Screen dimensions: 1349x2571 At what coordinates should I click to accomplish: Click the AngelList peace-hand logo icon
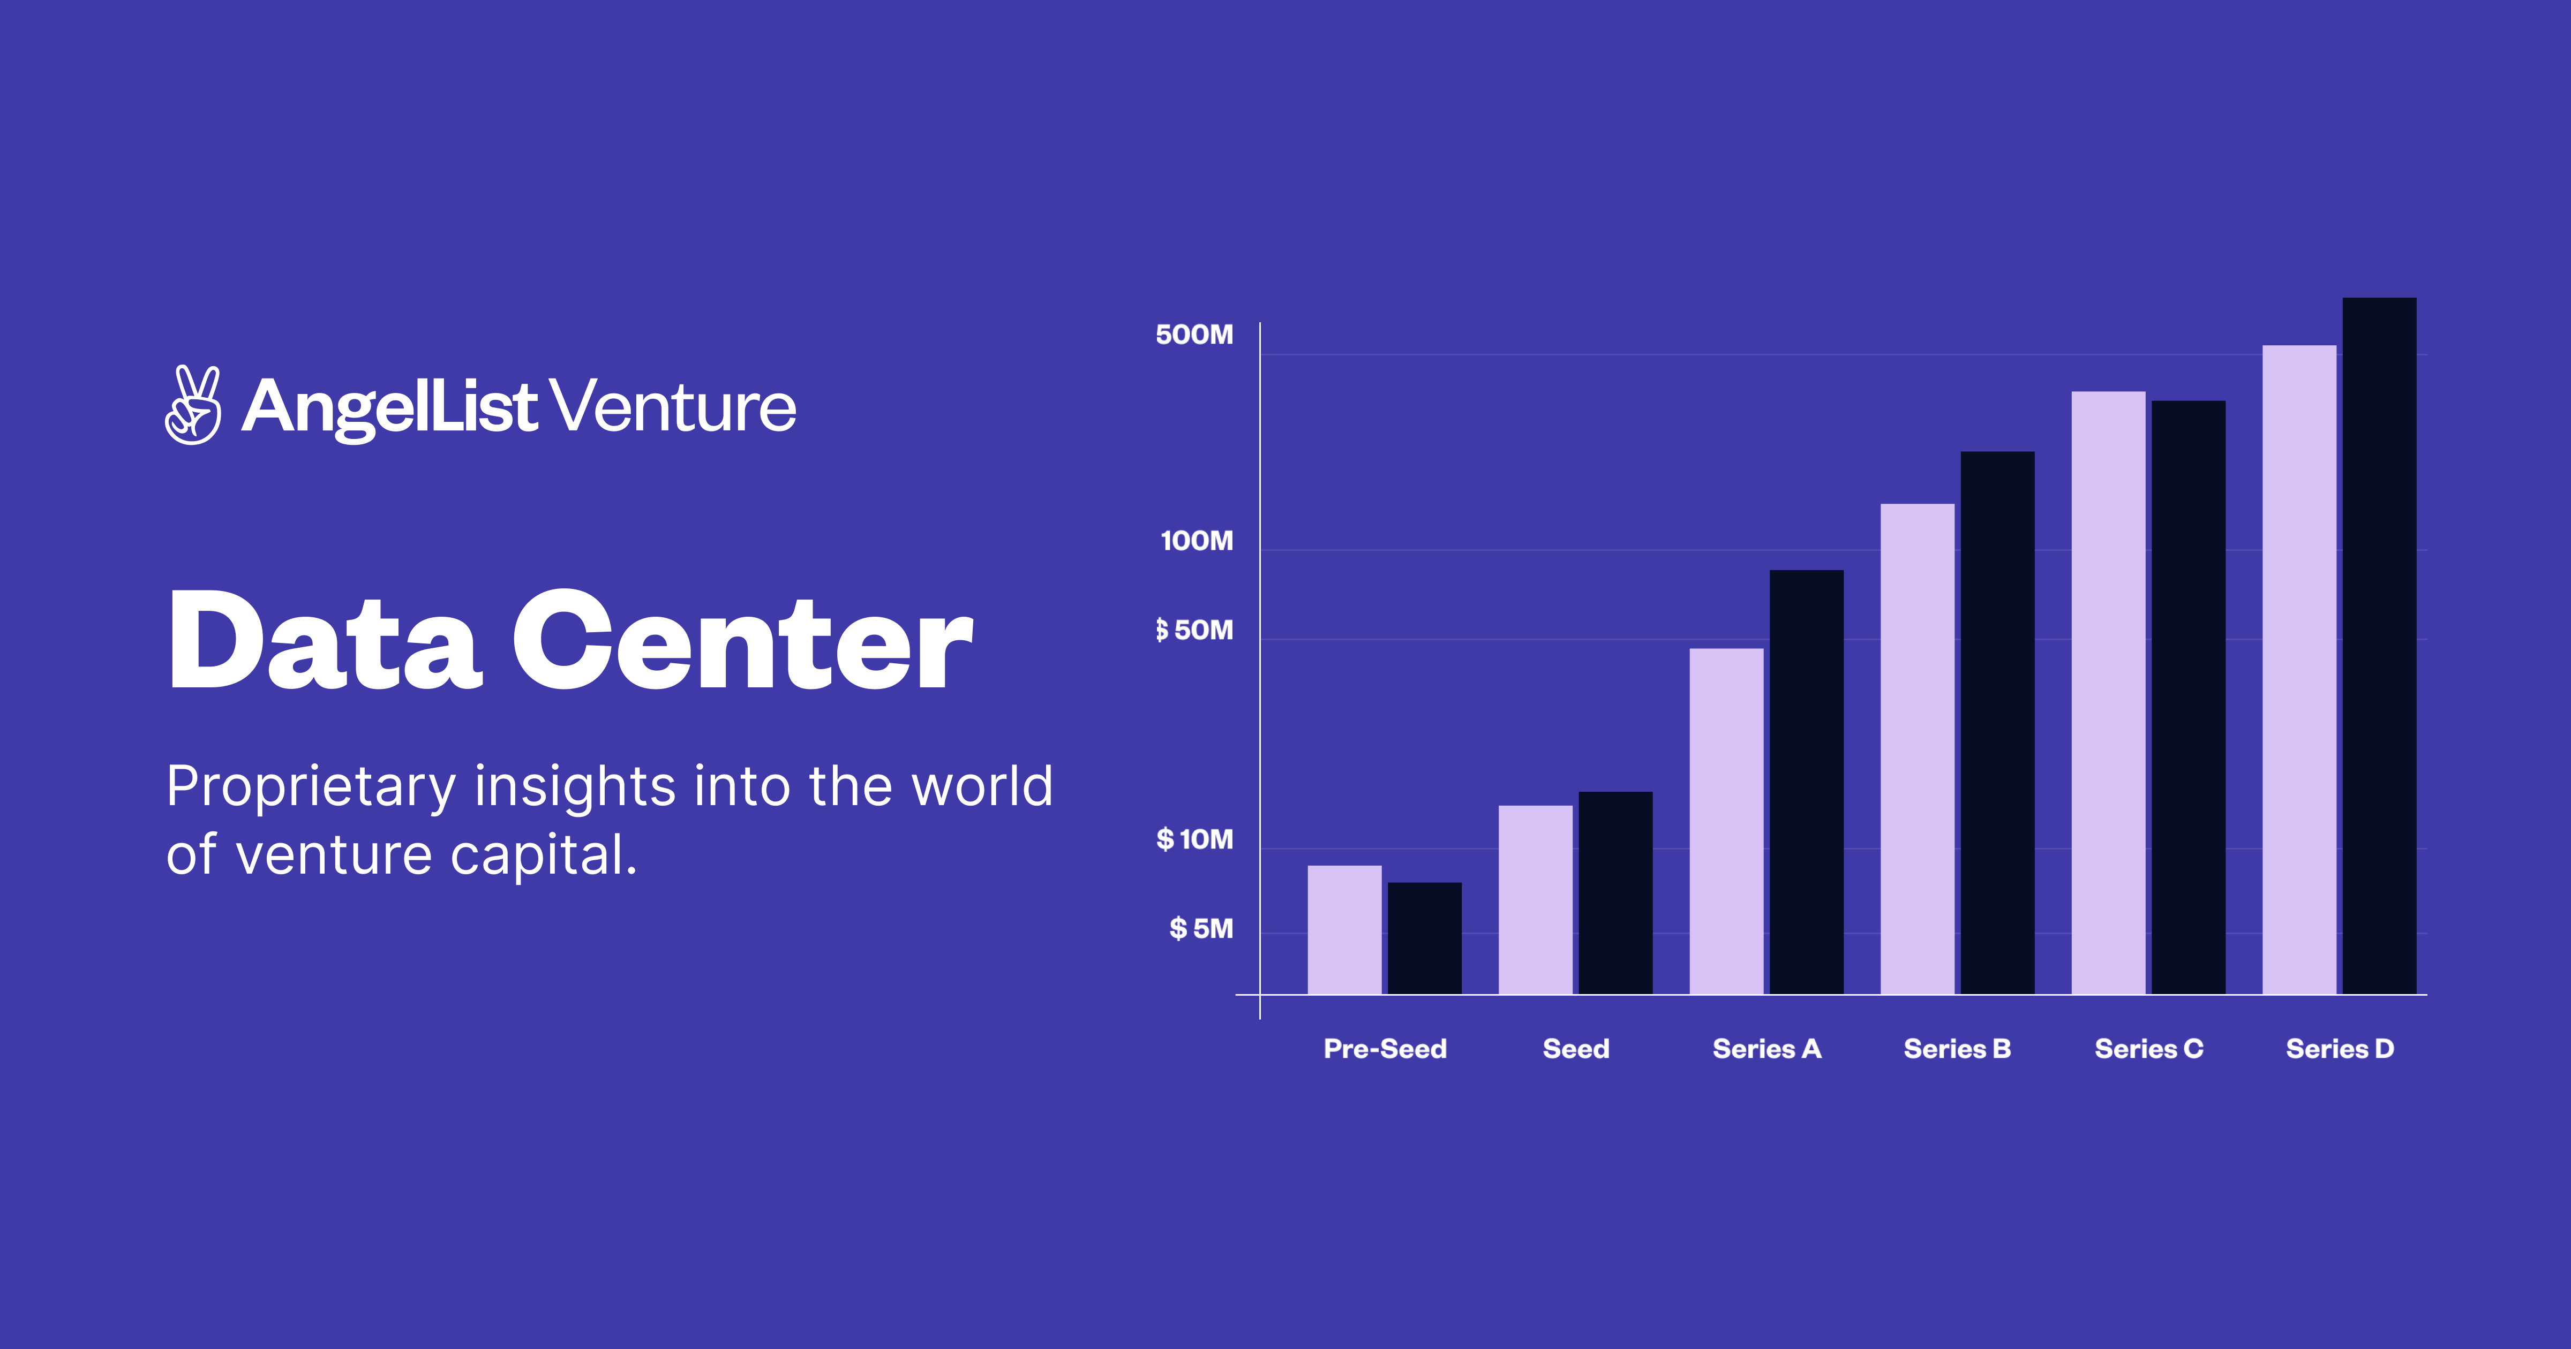(x=193, y=405)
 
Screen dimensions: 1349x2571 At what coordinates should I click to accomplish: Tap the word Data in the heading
(x=325, y=641)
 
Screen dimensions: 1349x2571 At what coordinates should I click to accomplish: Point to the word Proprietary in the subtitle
(x=311, y=787)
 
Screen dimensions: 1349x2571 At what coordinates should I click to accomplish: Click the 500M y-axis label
(x=1194, y=335)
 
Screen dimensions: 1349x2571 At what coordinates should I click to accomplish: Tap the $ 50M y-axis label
(x=1194, y=631)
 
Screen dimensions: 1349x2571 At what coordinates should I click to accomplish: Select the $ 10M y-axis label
(x=1194, y=840)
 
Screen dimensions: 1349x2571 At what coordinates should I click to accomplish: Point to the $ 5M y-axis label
(x=1201, y=929)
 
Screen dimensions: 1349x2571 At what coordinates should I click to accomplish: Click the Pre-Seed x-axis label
(x=1384, y=1049)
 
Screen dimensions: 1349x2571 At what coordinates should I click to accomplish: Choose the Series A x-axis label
(x=1766, y=1049)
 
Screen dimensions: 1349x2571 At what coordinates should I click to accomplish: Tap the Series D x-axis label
(x=2340, y=1049)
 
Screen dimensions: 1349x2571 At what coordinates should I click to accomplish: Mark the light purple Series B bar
(x=1918, y=748)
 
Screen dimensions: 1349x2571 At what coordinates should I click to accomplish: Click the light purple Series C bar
(x=2108, y=693)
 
